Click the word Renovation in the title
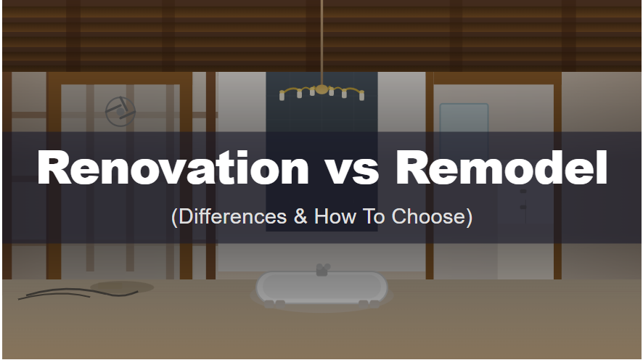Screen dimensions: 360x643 point(173,168)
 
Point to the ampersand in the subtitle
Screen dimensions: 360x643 point(300,216)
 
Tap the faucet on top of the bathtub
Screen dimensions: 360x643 point(322,269)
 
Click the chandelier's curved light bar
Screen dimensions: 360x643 point(321,91)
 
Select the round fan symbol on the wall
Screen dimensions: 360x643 point(120,110)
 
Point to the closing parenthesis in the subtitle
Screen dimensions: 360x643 point(470,217)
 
